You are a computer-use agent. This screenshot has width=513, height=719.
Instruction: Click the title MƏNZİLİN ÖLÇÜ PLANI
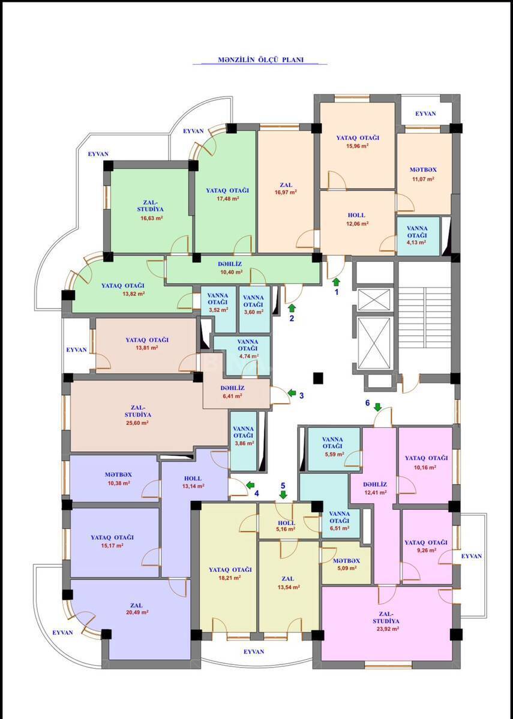coord(260,60)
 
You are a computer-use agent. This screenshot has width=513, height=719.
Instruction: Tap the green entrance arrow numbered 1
coord(336,282)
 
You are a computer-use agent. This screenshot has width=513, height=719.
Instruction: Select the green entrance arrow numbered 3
coord(292,392)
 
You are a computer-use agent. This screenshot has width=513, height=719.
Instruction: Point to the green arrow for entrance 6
coord(377,407)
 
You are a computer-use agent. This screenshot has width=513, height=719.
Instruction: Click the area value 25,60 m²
coord(137,423)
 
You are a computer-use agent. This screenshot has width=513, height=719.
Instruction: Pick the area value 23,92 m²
coord(388,629)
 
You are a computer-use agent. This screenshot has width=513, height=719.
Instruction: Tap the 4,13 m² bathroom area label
coord(416,242)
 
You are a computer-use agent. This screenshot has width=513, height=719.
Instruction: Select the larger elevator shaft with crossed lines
coord(375,342)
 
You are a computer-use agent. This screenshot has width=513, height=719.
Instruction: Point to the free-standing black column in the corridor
coord(318,378)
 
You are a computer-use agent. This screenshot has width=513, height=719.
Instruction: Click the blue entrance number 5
coord(283,485)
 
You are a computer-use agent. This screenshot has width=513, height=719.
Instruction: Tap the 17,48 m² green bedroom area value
coord(228,199)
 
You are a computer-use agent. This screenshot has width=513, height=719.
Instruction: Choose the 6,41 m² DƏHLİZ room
coord(236,392)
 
